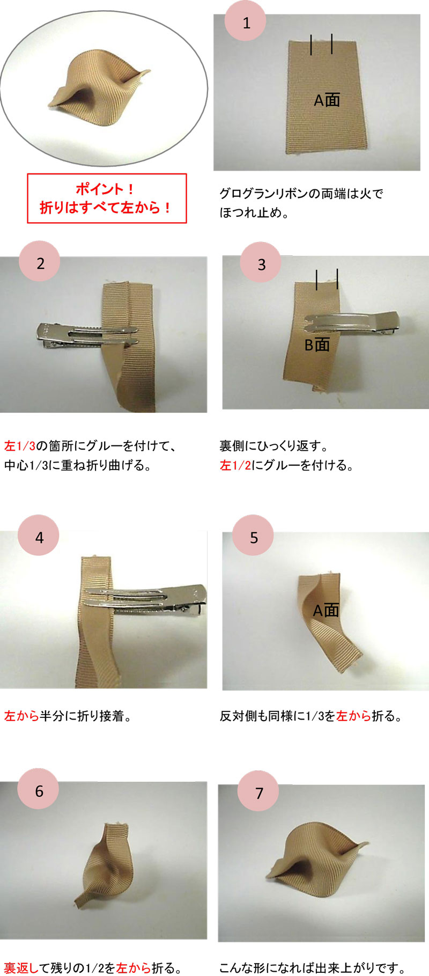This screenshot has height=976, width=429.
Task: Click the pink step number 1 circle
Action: pyautogui.click(x=246, y=23)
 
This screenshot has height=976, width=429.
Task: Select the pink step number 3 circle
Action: pyautogui.click(x=261, y=264)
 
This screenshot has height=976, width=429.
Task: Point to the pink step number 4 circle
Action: pyautogui.click(x=39, y=537)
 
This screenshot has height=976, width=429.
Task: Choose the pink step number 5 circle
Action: pyautogui.click(x=254, y=537)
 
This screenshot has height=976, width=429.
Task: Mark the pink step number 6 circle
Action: pyautogui.click(x=39, y=790)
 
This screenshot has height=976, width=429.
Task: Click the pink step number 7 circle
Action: pyautogui.click(x=259, y=792)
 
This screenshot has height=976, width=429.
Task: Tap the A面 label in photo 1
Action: pyautogui.click(x=327, y=100)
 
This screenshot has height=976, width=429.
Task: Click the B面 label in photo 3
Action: pyautogui.click(x=317, y=344)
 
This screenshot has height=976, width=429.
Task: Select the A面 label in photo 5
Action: pyautogui.click(x=326, y=610)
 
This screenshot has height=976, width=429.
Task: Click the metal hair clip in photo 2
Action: pyautogui.click(x=80, y=334)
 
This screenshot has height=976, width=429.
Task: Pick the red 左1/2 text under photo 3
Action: pyautogui.click(x=235, y=465)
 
